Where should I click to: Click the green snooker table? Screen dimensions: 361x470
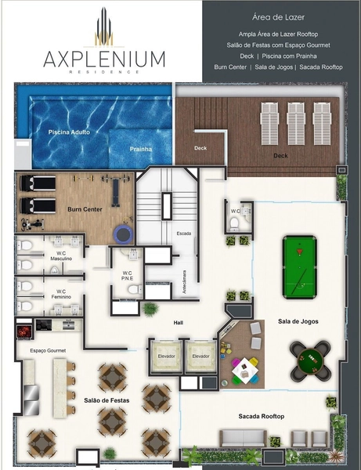click(300, 267)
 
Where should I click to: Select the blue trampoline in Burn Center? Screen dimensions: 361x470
click(123, 234)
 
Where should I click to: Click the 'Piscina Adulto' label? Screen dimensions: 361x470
click(69, 132)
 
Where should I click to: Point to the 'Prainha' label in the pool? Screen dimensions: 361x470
click(141, 149)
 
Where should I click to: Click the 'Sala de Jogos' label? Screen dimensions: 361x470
click(298, 321)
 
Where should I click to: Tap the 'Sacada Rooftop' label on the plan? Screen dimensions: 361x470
click(262, 417)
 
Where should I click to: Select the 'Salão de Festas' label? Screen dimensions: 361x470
click(106, 400)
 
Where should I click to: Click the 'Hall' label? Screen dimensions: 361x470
click(179, 323)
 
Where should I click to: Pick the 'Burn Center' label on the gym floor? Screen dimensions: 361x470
click(85, 209)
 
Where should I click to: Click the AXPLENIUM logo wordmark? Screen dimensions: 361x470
click(104, 59)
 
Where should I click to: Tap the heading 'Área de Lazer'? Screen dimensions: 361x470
click(278, 17)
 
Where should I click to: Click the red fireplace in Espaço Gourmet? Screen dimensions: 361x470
click(24, 331)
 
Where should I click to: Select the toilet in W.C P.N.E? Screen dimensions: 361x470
click(135, 290)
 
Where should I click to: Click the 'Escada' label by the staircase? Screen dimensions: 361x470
click(184, 233)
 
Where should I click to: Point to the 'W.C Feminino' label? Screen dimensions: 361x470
click(61, 294)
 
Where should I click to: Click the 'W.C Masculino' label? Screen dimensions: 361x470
click(61, 256)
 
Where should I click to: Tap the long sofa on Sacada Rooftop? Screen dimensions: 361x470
click(244, 439)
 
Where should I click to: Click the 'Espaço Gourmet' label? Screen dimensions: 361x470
click(48, 350)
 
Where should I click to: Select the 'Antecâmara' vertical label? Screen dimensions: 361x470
click(185, 282)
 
